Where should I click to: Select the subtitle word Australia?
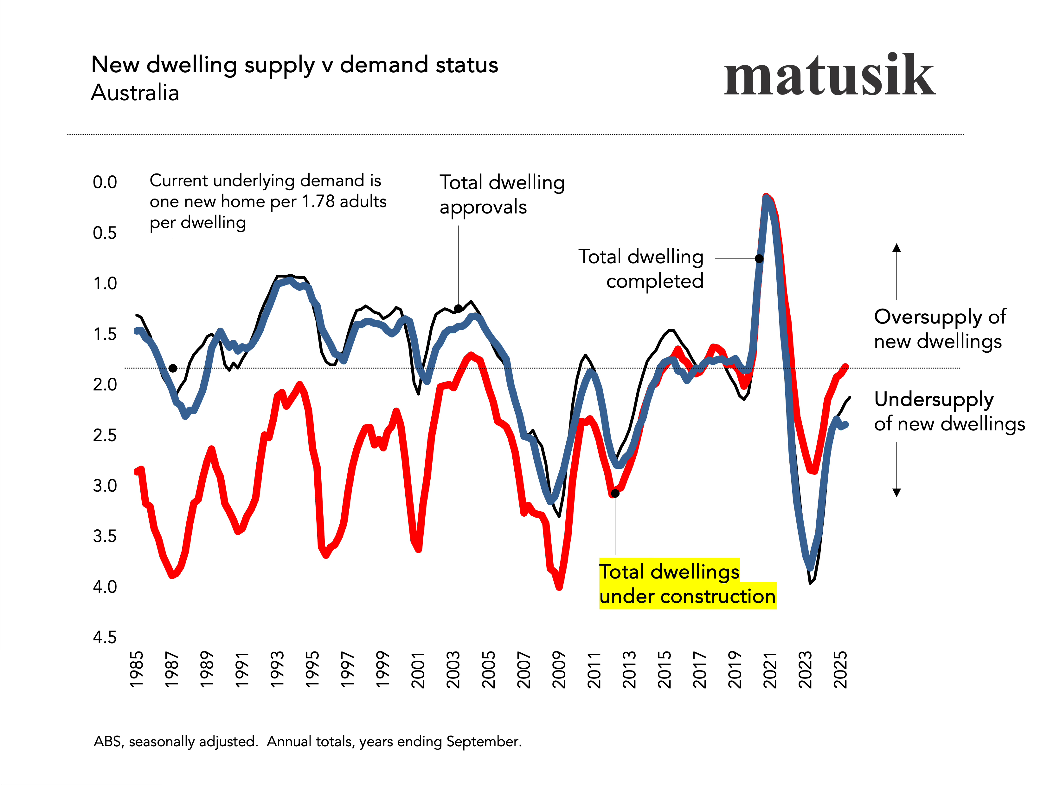135,92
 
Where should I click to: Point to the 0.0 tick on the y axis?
105,182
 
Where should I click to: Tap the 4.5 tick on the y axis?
105,637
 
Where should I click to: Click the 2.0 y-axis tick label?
105,384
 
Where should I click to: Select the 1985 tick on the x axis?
136,670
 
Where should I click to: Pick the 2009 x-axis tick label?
559,670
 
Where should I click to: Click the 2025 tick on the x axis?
840,670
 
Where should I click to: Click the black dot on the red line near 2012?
615,493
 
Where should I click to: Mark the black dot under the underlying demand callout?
173,368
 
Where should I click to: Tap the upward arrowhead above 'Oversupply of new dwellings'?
896,247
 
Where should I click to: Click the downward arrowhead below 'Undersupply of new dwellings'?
896,493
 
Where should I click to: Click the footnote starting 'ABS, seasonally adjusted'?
308,742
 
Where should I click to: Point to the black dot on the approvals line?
458,308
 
